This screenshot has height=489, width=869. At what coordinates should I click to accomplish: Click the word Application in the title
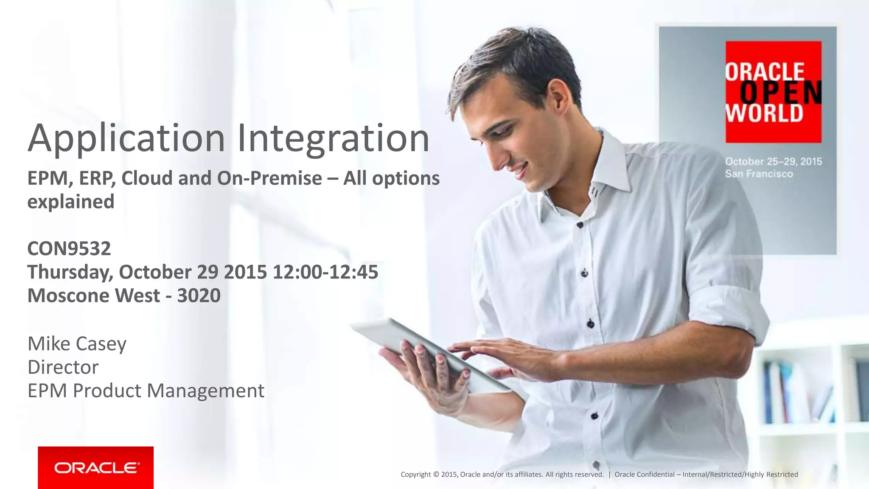126,138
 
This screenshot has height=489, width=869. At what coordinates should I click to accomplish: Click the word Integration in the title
333,138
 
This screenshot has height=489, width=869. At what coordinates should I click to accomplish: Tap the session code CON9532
69,248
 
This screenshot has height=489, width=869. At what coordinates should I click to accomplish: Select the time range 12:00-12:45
325,272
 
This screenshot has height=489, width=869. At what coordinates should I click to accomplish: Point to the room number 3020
199,295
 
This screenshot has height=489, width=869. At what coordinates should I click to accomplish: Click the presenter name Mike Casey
77,343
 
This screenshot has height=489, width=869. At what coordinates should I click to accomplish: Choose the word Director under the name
63,367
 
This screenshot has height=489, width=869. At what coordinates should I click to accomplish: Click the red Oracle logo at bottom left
95,467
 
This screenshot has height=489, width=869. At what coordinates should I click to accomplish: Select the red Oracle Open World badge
773,92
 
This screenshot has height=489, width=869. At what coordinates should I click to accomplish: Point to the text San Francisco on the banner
759,174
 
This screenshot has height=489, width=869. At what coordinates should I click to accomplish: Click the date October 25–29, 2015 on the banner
773,162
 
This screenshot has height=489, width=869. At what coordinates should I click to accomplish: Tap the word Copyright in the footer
415,475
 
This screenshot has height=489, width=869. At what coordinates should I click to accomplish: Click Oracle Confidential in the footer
644,475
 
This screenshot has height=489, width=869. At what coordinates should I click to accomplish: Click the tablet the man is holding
424,348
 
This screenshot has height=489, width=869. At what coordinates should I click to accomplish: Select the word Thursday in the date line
70,272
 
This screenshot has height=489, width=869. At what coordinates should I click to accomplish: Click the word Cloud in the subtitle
147,178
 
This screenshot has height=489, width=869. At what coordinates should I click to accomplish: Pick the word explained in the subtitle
71,202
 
